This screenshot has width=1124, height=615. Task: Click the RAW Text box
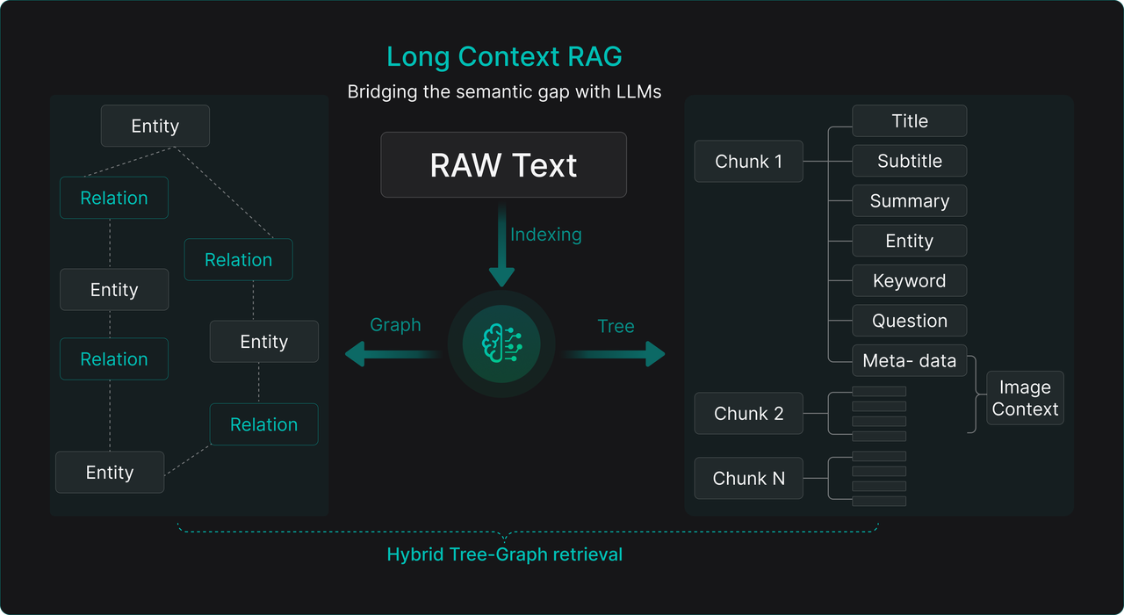[x=503, y=165]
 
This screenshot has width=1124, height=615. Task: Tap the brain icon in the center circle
[x=501, y=344]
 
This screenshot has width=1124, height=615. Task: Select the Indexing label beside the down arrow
[x=545, y=235]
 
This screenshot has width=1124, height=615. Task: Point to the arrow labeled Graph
[x=391, y=354]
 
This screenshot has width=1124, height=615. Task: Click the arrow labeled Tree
[x=615, y=354]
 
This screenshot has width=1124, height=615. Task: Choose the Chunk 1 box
[x=748, y=162]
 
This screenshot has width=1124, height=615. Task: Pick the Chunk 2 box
[x=748, y=414]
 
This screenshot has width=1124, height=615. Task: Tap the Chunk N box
[x=748, y=479]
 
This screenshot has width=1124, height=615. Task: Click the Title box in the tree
[x=909, y=121]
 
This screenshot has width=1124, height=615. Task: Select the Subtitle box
[x=909, y=162]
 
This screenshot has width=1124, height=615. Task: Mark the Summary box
[x=909, y=201]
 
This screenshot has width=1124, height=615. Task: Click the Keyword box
[x=909, y=281]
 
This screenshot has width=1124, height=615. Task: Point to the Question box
[x=909, y=322]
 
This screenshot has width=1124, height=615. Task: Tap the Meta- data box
[x=909, y=361]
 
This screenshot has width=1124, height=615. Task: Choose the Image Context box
[x=1025, y=398]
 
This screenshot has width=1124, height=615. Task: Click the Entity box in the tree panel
[x=909, y=242]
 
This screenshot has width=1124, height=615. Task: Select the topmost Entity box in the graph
[x=155, y=127]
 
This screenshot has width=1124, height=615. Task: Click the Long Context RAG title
[x=504, y=57]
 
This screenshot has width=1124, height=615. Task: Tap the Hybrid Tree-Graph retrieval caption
[x=504, y=555]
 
